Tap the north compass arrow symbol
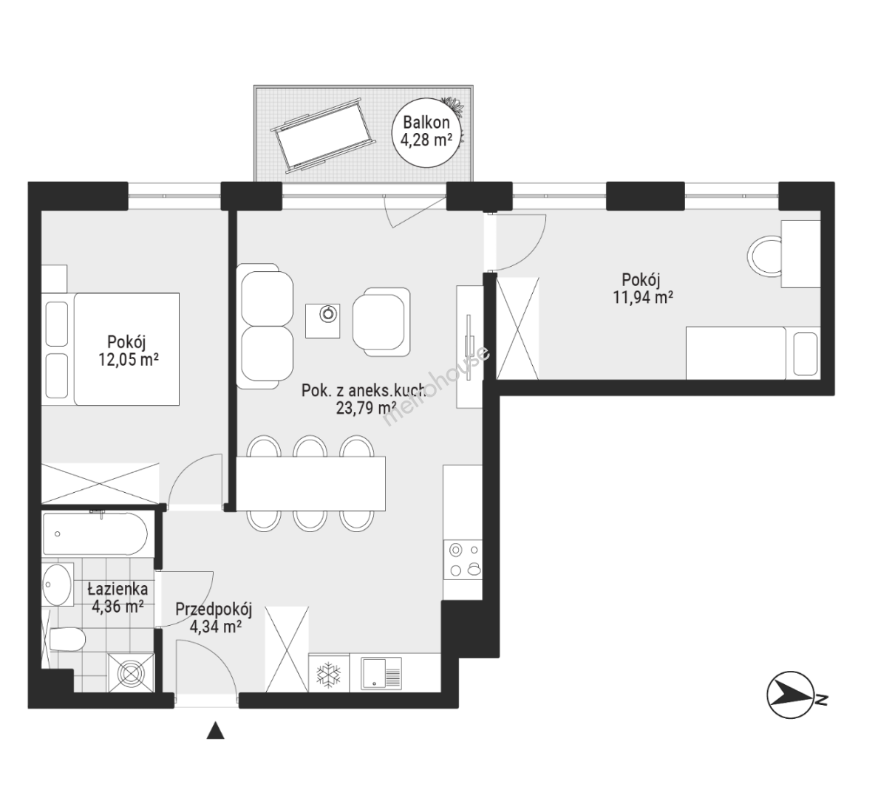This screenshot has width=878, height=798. coord(790,695)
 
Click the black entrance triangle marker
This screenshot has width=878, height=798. coord(216,731)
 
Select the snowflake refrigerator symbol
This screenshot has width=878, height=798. coord(327,675)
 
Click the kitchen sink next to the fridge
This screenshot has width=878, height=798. coord(381,672)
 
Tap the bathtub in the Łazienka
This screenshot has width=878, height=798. coord(95,534)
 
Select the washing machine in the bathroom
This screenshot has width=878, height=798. coord(131,673)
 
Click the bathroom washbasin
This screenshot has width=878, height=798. coord(57,584)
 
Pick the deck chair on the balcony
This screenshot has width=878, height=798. coord(323,136)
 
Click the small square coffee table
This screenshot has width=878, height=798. coord(322,321)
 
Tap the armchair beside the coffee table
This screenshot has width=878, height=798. coord(381,321)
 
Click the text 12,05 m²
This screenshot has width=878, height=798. coord(129,360)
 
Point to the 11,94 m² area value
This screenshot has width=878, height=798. coord(643,297)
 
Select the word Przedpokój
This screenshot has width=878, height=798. coord(214,610)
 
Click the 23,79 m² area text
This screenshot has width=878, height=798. coord(366,408)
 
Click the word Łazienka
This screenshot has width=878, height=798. coord(118,589)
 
